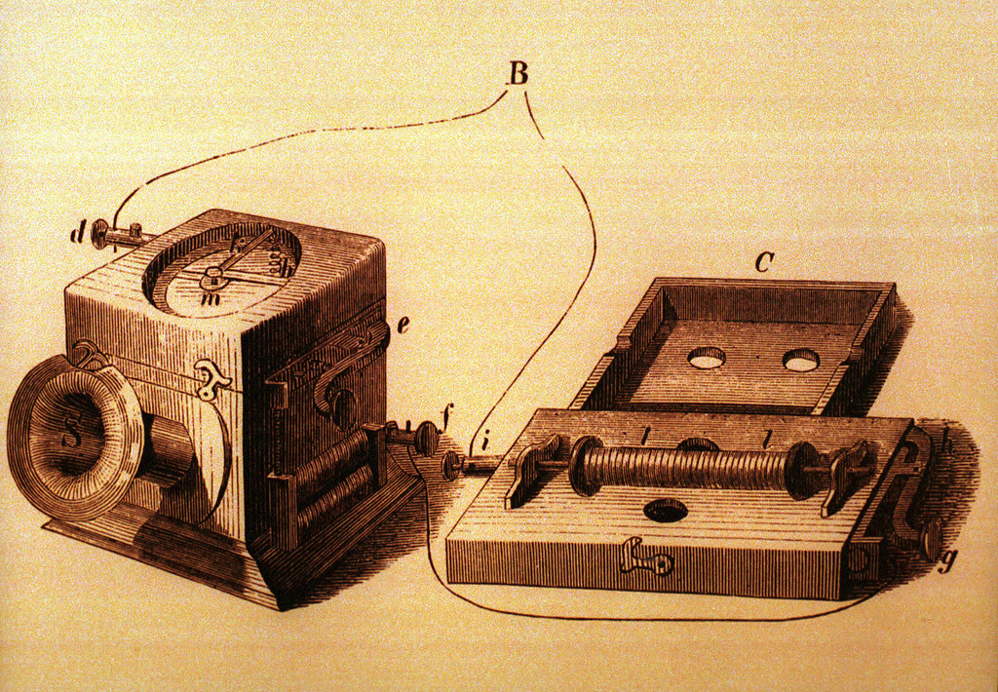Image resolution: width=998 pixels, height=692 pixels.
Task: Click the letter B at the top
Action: tap(518, 73)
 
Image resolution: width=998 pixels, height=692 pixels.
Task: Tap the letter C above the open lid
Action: tap(764, 261)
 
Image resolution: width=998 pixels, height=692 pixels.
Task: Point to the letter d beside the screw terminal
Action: tap(78, 235)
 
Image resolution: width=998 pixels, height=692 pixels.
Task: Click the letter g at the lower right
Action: tap(943, 561)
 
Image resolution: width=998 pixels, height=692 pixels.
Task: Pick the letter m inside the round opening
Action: tap(207, 300)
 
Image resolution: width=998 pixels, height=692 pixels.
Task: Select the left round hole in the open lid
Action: tap(707, 358)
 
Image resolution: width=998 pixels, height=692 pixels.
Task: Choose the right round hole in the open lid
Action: tap(800, 362)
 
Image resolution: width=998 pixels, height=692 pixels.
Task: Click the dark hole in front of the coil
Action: tap(666, 510)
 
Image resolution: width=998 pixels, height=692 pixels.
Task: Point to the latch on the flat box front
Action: tap(644, 558)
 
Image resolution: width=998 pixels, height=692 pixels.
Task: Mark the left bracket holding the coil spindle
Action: tap(534, 469)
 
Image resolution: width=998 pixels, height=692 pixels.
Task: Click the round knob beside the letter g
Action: tap(929, 539)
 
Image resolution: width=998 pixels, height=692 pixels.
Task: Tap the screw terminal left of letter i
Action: tap(452, 465)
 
